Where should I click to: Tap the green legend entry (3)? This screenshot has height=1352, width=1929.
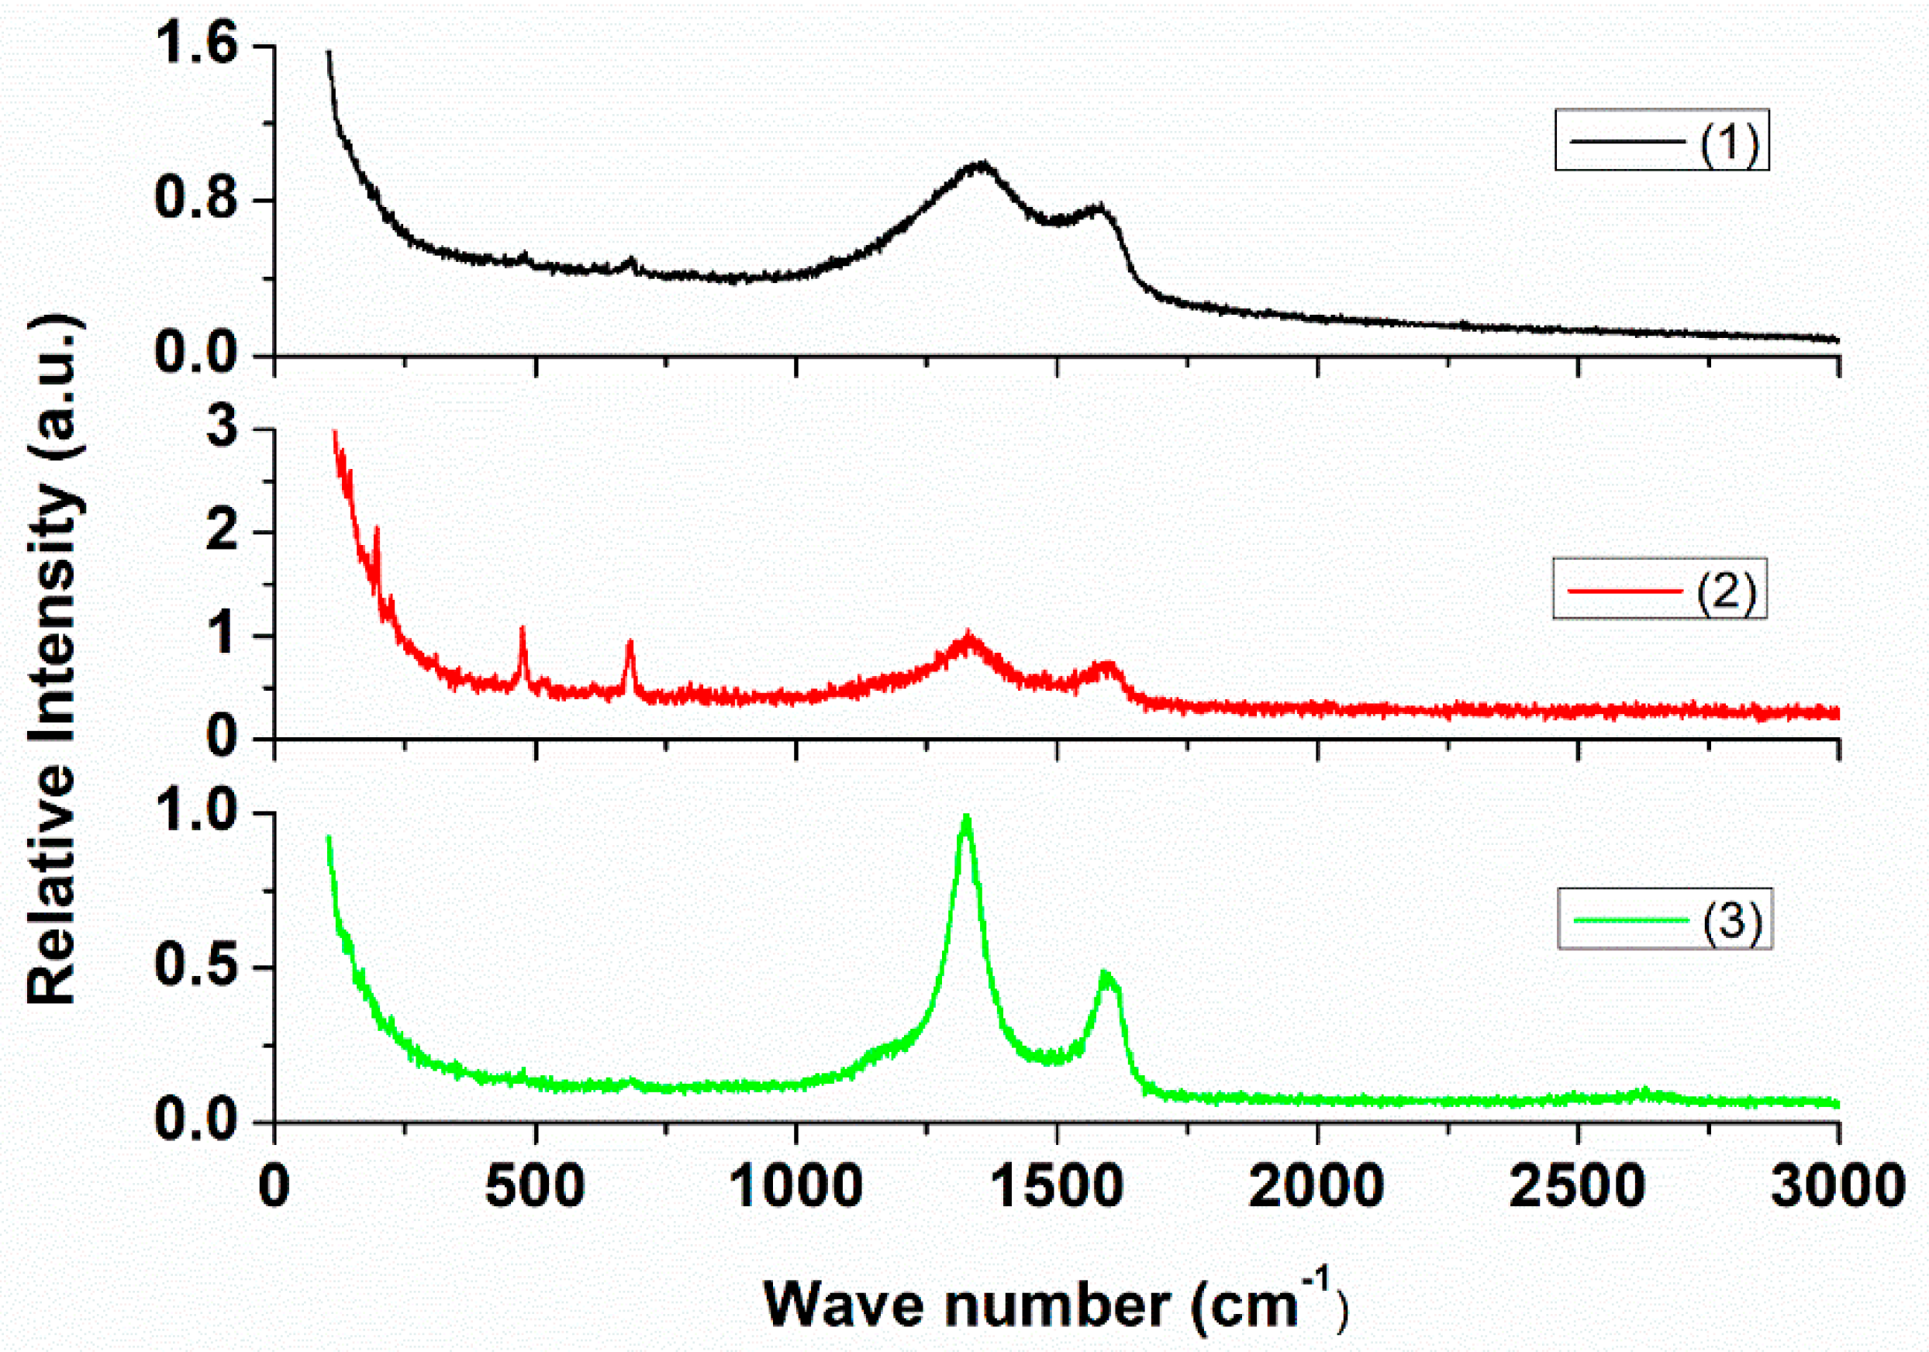point(1665,919)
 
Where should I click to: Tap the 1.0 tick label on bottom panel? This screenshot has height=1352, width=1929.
point(197,812)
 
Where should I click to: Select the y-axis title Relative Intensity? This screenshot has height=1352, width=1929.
point(52,660)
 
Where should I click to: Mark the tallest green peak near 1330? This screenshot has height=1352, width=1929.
point(966,817)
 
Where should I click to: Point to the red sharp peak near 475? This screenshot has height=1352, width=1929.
point(523,629)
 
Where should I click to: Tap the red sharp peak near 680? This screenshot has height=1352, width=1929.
point(630,643)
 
